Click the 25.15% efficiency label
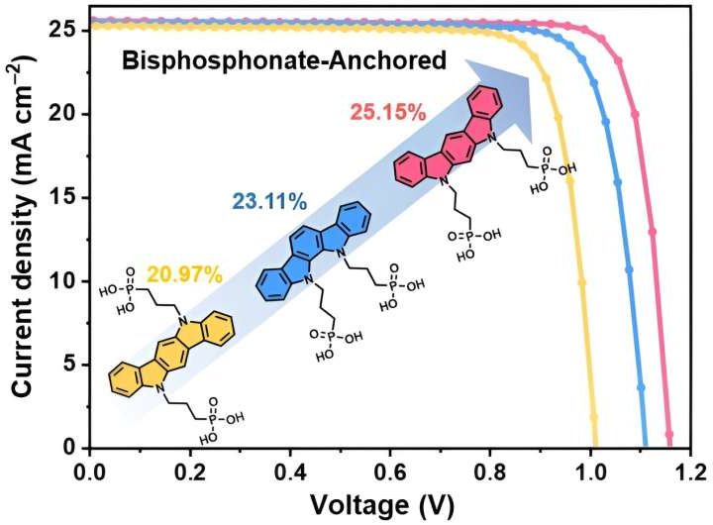tap(387, 112)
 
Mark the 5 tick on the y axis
tap(70, 365)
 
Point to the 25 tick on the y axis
tap(65, 30)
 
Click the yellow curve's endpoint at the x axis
tap(595, 447)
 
